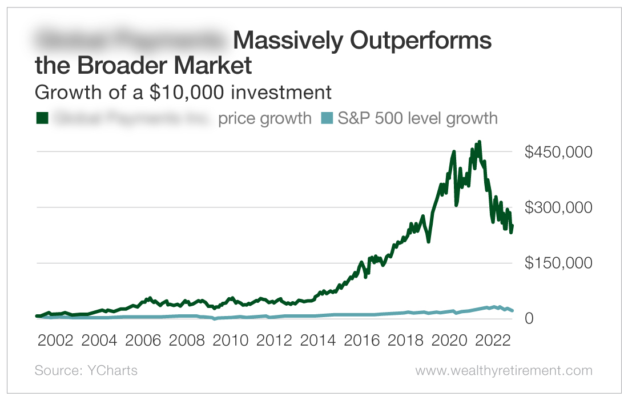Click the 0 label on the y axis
tap(529, 318)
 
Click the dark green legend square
tap(42, 118)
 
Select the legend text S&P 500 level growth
tap(417, 118)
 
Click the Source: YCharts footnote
tap(86, 370)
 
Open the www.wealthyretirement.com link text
tap(504, 370)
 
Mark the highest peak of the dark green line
tap(479, 142)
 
